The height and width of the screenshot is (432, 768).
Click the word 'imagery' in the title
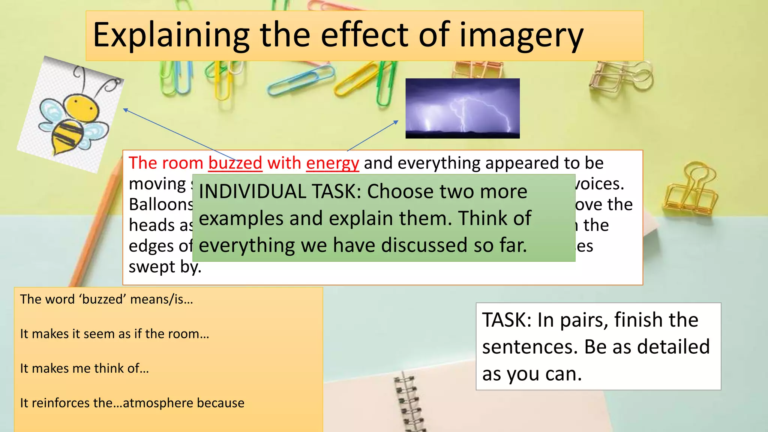click(x=521, y=36)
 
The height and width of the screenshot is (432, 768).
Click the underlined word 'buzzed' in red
click(x=235, y=163)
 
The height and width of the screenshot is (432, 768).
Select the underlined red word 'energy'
click(x=333, y=163)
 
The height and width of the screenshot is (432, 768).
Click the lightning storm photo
click(x=462, y=108)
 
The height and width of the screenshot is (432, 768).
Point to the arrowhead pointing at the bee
click(x=126, y=109)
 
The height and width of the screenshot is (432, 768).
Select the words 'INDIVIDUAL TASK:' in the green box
click(x=280, y=192)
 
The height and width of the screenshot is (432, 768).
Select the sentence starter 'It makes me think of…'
click(x=84, y=368)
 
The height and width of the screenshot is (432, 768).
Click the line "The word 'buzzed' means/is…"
click(x=106, y=299)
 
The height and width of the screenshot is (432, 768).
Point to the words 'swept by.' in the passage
click(x=165, y=267)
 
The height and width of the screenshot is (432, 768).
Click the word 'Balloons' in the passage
click(x=161, y=205)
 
